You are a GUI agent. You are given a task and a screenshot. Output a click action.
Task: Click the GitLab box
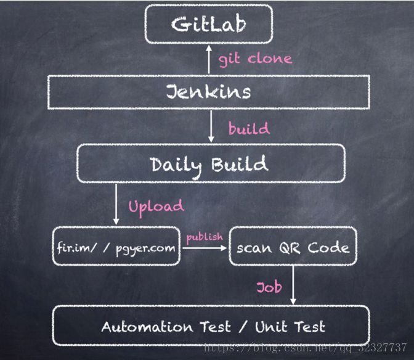[x=208, y=25]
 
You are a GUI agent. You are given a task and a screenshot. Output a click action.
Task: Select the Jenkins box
[x=208, y=92]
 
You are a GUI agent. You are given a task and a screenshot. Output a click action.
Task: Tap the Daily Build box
[x=209, y=165]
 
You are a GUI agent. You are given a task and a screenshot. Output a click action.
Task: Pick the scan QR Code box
[x=293, y=248]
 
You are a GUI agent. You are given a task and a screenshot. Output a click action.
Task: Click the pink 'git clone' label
[x=255, y=59]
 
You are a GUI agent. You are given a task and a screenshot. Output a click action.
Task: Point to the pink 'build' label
[x=249, y=129]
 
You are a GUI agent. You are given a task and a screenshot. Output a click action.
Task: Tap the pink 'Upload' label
[x=156, y=206]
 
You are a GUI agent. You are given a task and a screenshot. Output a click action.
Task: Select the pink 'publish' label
[x=205, y=237]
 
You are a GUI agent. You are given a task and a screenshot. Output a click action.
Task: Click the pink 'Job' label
[x=269, y=287]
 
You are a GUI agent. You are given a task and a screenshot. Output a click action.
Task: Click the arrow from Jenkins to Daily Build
[x=211, y=126]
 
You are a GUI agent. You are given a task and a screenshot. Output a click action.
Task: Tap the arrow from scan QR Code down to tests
[x=292, y=285]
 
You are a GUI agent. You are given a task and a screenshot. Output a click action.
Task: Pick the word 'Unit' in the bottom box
[x=270, y=326]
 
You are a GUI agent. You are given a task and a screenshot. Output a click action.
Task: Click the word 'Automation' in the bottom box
[x=140, y=326]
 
